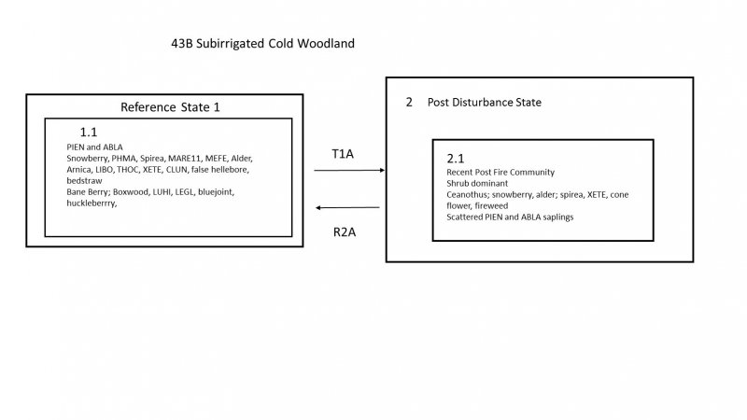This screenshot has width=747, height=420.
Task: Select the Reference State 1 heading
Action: coord(170,107)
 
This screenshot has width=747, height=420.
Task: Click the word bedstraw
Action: coord(85,180)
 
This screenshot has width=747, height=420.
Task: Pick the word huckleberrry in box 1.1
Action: coord(92,203)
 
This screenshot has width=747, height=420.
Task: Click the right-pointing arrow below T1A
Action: coord(350,171)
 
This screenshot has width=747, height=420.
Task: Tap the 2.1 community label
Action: coord(457,161)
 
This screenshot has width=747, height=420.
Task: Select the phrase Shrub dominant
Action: coord(478,184)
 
